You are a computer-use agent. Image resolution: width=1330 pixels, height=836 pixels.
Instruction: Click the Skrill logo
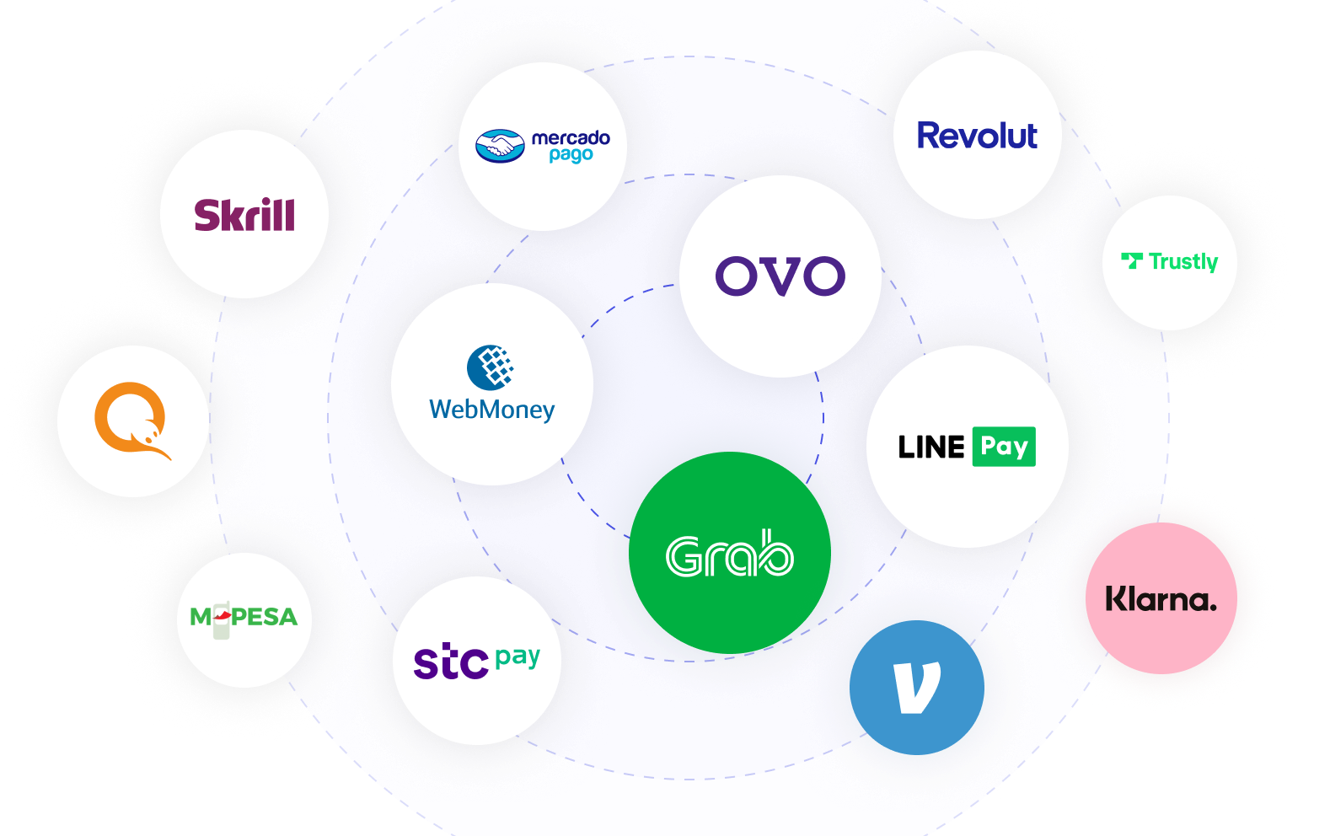coord(244,215)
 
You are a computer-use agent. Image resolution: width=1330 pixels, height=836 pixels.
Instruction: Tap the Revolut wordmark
coord(977,136)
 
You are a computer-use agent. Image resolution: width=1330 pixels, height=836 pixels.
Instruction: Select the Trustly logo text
coord(1183,262)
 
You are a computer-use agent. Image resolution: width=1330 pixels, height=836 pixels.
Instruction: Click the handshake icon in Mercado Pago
coord(500,146)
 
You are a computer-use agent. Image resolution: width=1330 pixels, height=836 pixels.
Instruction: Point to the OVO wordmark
coord(780,276)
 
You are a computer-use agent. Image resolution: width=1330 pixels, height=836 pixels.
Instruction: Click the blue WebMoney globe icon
coord(491,367)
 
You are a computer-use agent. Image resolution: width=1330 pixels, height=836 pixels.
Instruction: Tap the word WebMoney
coord(491,410)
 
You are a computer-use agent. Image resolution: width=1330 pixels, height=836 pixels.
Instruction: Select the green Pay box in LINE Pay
coord(1003,446)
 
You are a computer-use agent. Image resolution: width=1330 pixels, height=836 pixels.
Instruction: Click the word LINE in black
coord(930,447)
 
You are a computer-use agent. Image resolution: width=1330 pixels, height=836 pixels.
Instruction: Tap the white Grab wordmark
coord(729,555)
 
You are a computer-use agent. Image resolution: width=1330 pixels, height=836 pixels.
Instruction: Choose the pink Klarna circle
coord(1161,598)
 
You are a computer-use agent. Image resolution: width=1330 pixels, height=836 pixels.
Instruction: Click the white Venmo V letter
coord(916,688)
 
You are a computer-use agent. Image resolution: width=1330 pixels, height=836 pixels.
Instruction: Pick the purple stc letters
coord(451,662)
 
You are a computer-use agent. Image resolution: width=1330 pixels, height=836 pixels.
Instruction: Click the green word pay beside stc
coord(518,656)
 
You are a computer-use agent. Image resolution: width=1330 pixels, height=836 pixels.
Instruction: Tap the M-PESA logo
coord(244,618)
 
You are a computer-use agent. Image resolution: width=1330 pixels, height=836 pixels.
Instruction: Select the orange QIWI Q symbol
coord(131,420)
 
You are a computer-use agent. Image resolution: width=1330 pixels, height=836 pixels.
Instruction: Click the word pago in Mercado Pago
coord(571,155)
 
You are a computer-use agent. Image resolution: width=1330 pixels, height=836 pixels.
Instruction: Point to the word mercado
coord(571,137)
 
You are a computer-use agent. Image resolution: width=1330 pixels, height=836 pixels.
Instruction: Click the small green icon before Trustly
coord(1132,260)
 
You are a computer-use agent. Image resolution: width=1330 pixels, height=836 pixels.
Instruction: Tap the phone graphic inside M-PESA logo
coord(222,619)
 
